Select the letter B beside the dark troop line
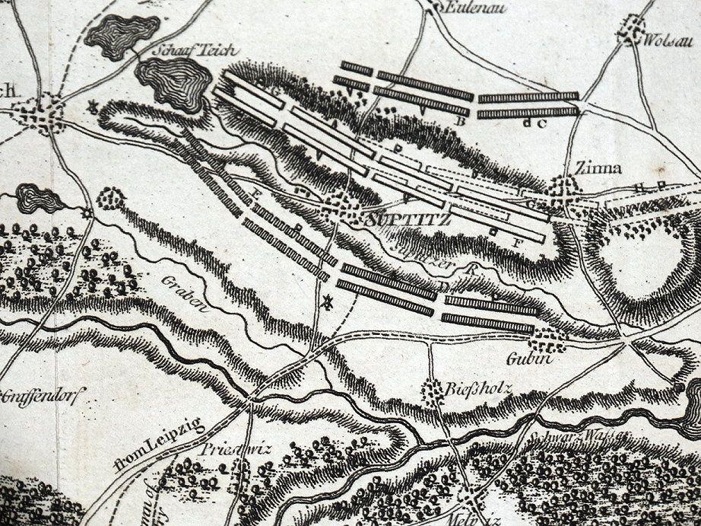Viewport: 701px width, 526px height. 458,122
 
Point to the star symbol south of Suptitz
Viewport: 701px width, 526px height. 328,301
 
